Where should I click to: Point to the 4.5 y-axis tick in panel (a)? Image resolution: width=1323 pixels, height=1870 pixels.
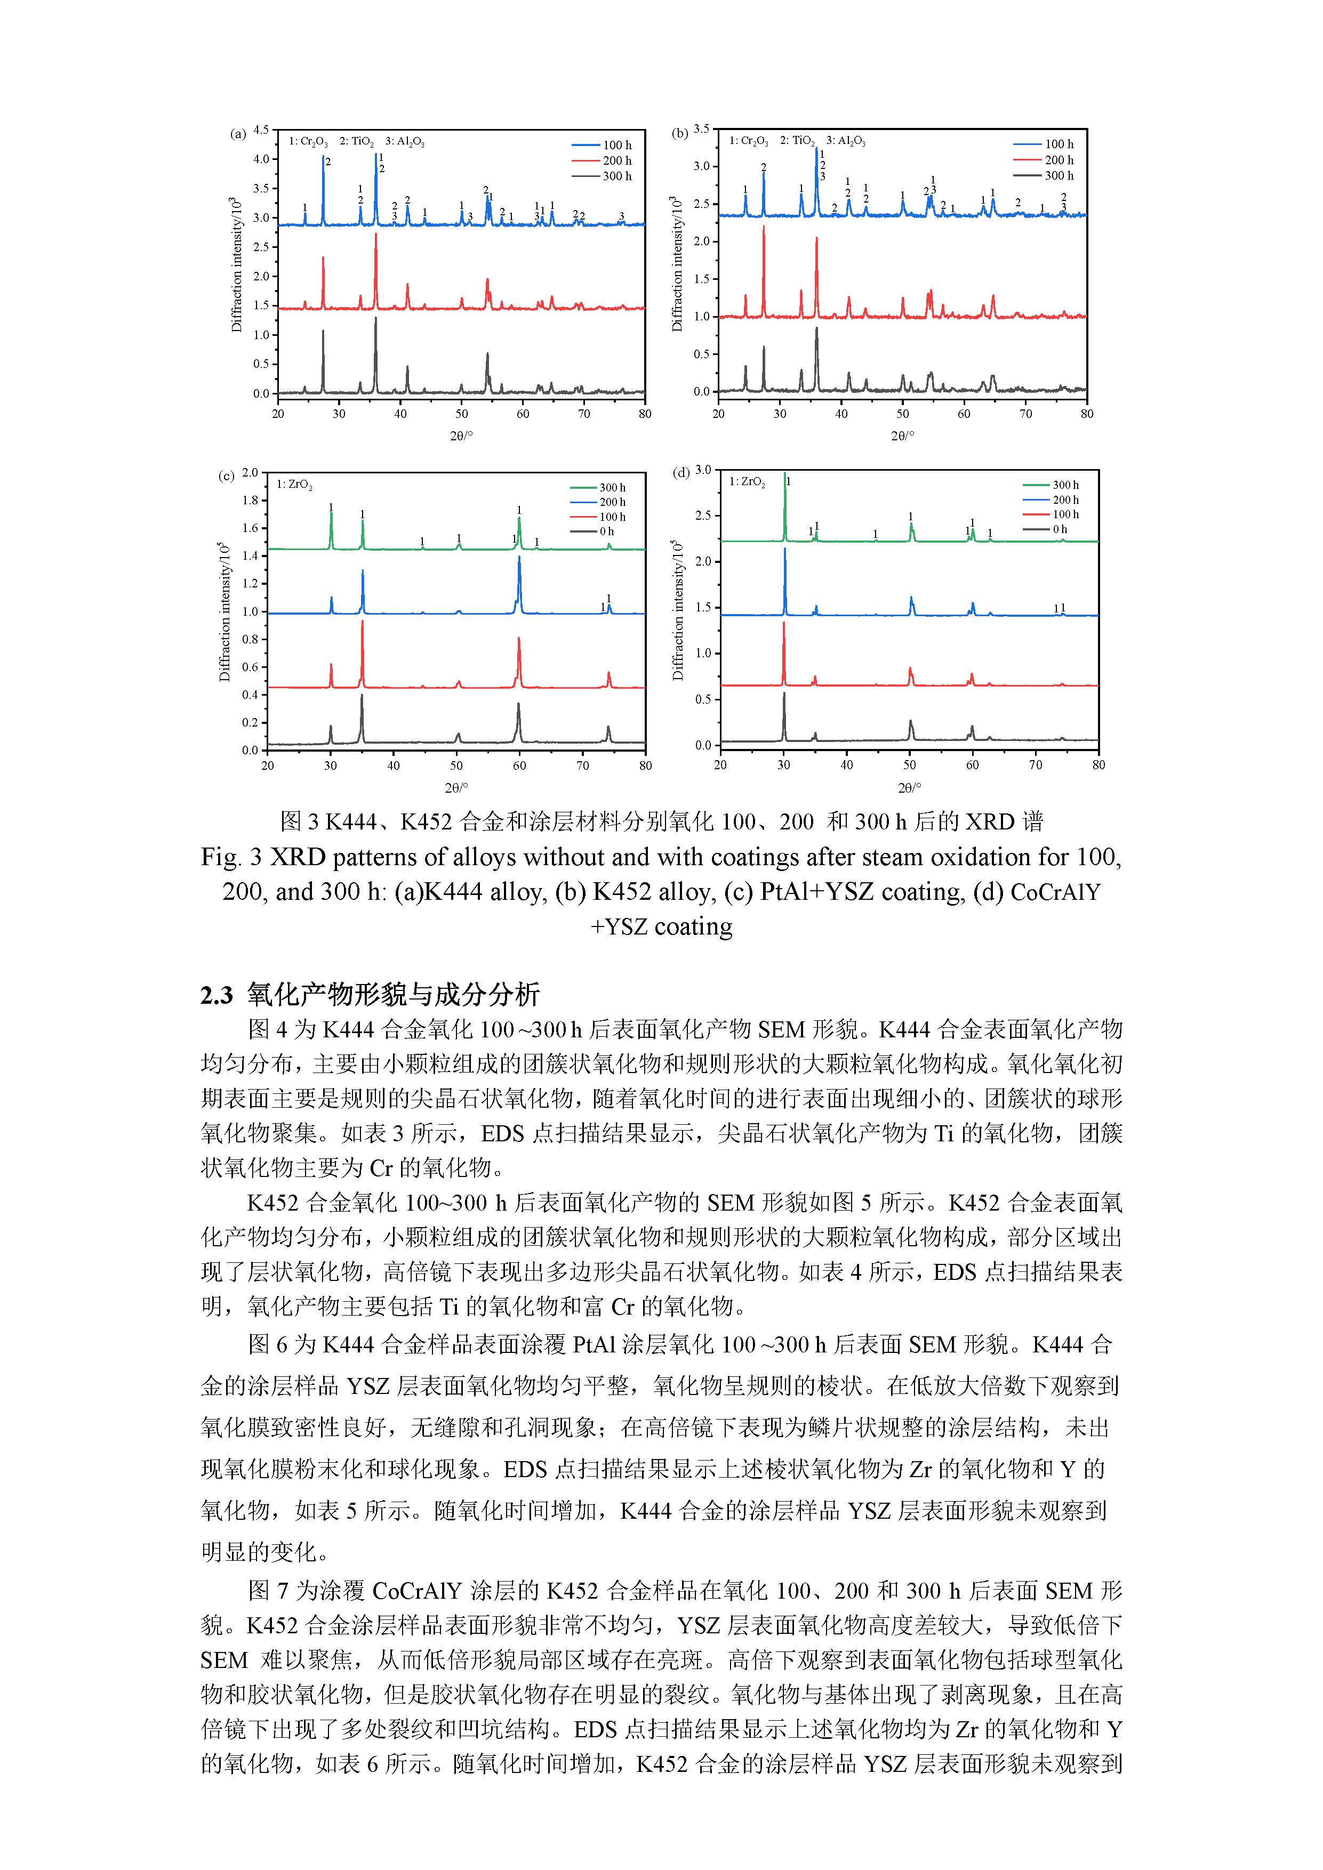point(261,130)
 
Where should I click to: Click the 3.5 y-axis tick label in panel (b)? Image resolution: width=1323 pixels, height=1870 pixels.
point(701,128)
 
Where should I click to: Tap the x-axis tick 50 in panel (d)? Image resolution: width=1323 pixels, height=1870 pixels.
point(909,765)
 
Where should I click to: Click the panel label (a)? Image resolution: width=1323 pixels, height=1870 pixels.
point(238,134)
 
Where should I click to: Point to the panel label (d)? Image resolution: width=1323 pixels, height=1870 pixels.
point(681,472)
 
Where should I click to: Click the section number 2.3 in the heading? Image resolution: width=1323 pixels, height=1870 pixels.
point(216,995)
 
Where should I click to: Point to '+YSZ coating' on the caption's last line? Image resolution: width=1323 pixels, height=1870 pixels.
point(661,927)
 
